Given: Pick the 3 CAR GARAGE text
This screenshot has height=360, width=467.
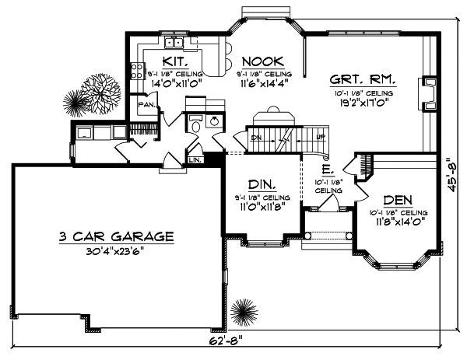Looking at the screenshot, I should tap(115, 237).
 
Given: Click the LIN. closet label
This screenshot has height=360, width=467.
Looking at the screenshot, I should tap(196, 160).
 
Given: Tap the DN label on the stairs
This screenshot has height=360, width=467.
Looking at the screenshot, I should tap(256, 138).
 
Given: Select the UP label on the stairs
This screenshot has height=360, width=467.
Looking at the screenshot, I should tap(321, 138).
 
